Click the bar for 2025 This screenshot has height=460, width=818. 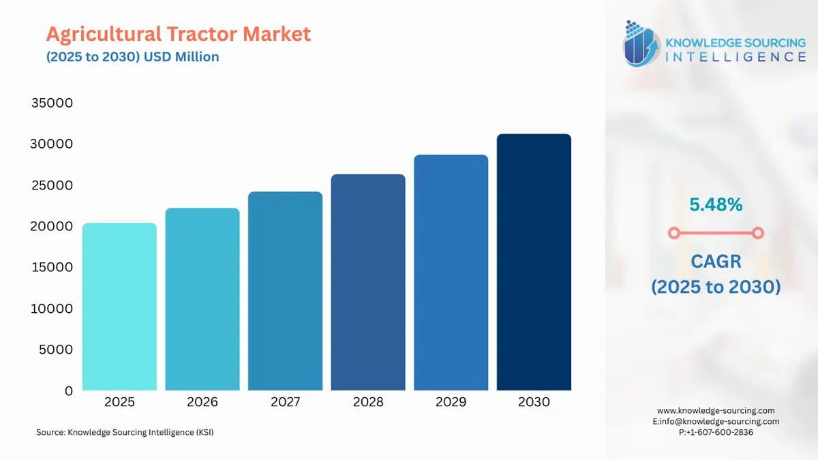pos(119,307)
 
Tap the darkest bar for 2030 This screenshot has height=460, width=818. pos(534,262)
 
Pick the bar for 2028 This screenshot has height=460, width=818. pos(368,282)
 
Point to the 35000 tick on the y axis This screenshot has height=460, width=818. pos(52,104)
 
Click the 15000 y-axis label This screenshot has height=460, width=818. pos(52,267)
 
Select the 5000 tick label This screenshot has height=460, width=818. pos(55,350)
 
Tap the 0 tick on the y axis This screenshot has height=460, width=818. pos(68,390)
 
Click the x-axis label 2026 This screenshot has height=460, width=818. pos(202,402)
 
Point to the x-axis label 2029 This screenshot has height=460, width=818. pos(451,402)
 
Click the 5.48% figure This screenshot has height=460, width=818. pos(715,204)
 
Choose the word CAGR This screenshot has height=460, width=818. pos(715,261)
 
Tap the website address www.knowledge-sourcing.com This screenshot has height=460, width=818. pos(716,410)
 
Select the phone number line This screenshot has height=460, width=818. pos(716,432)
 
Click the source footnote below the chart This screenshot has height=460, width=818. pos(125,432)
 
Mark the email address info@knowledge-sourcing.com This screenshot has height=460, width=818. pos(720,421)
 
